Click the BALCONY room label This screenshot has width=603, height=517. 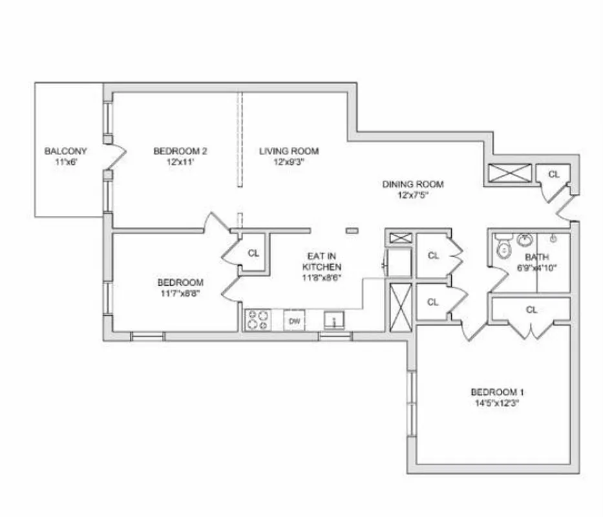[x=65, y=151]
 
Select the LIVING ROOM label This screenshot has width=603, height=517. [x=289, y=151]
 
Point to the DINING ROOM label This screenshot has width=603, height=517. [x=412, y=184]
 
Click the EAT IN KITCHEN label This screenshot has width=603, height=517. [x=322, y=261]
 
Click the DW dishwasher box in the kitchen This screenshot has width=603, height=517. [x=294, y=321]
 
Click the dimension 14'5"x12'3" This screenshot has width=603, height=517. [x=496, y=403]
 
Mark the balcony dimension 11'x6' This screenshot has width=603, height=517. [x=65, y=162]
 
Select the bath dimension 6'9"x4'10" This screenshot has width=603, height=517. [x=536, y=268]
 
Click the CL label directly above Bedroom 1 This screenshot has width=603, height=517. [x=531, y=310]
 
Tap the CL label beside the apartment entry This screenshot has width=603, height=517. [x=554, y=174]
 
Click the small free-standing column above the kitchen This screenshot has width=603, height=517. [x=352, y=229]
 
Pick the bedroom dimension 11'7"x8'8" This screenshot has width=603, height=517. [x=180, y=293]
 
